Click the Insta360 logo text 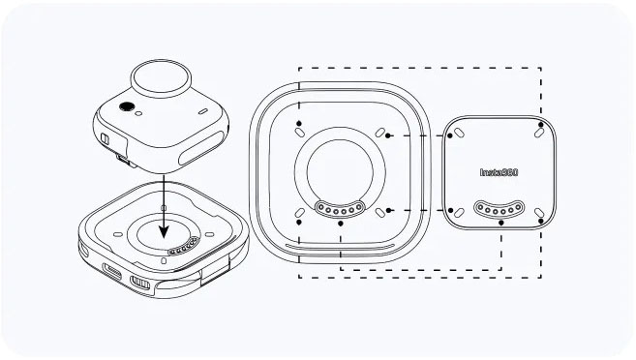coord(499,172)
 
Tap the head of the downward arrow coord(164,231)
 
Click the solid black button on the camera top coord(127,106)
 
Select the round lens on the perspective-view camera coord(161,78)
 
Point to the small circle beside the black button coord(138,113)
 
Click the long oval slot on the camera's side coord(201,148)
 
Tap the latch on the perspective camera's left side coord(105,139)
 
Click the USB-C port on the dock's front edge coord(112,271)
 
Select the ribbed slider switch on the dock coord(140,283)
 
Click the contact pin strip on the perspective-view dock coord(184,247)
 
